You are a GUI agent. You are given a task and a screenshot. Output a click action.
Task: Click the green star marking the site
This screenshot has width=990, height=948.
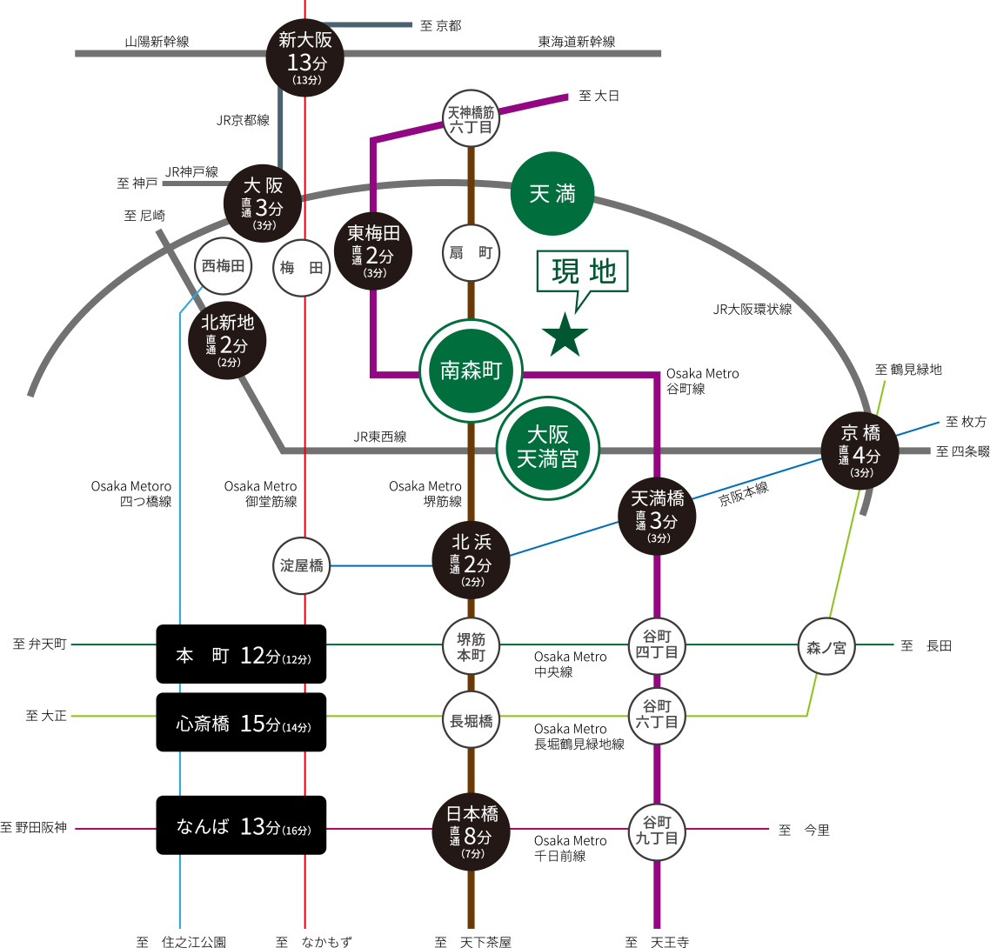(565, 336)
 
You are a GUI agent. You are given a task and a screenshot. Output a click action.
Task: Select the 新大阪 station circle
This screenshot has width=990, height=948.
(304, 55)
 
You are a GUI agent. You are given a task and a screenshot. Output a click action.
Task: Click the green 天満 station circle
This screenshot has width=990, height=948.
(552, 194)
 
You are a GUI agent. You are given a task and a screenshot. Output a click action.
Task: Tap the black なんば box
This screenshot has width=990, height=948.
(241, 825)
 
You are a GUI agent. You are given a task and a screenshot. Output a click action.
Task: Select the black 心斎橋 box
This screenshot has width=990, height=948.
(241, 722)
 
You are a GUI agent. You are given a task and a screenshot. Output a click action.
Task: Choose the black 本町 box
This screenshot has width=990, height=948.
(241, 654)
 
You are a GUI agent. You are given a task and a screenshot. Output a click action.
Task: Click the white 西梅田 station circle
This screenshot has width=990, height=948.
(223, 266)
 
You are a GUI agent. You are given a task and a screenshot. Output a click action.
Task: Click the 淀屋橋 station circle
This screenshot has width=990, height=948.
(302, 566)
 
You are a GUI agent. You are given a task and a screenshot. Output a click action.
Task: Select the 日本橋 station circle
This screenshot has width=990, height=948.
(471, 831)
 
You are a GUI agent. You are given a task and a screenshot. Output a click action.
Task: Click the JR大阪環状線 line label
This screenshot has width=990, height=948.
(753, 309)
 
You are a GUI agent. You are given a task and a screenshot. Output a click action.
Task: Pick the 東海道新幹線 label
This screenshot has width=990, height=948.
(576, 41)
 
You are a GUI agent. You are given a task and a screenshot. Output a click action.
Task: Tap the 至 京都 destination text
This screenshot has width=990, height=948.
(440, 25)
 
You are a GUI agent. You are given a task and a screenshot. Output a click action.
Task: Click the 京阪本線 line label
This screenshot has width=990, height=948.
(744, 494)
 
